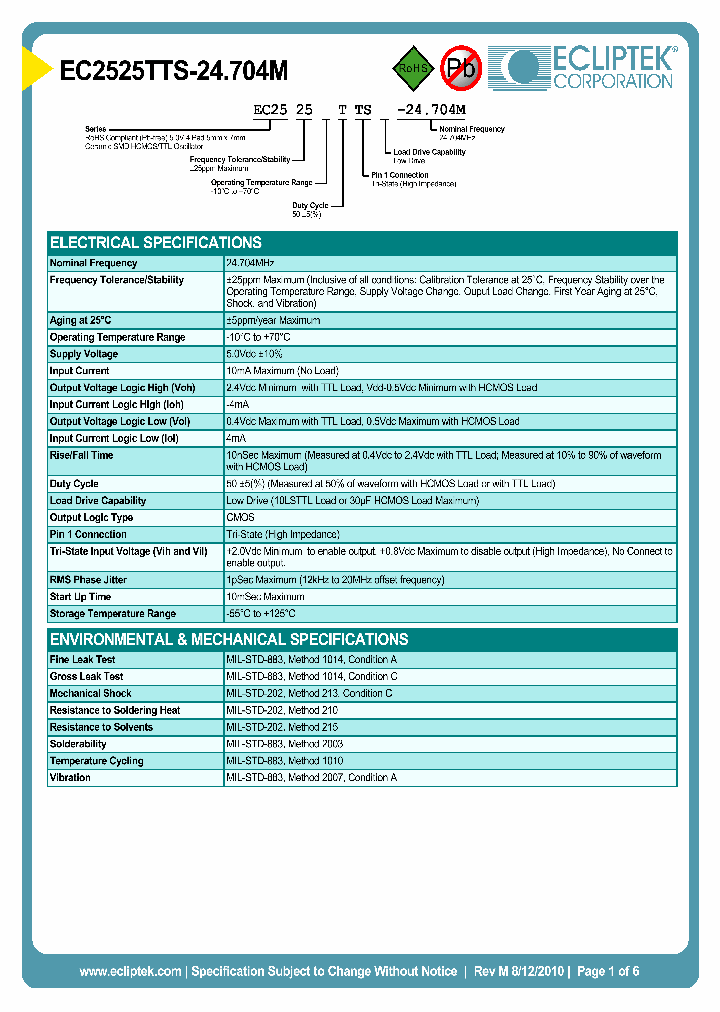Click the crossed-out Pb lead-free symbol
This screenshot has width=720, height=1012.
[x=461, y=68]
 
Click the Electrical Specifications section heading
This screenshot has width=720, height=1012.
[x=156, y=242]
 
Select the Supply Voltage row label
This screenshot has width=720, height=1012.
[x=84, y=354]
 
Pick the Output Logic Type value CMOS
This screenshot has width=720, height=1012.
[x=241, y=517]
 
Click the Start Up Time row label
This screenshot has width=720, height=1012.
[x=81, y=597]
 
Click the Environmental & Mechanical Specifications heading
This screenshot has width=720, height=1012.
[x=229, y=639]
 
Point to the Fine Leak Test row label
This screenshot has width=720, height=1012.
[x=82, y=660]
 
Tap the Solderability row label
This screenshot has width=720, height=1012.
[x=78, y=744]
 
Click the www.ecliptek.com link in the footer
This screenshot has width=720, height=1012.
[x=130, y=971]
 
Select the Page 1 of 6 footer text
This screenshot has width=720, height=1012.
[x=608, y=971]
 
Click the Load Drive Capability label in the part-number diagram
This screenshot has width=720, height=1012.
[x=429, y=152]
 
